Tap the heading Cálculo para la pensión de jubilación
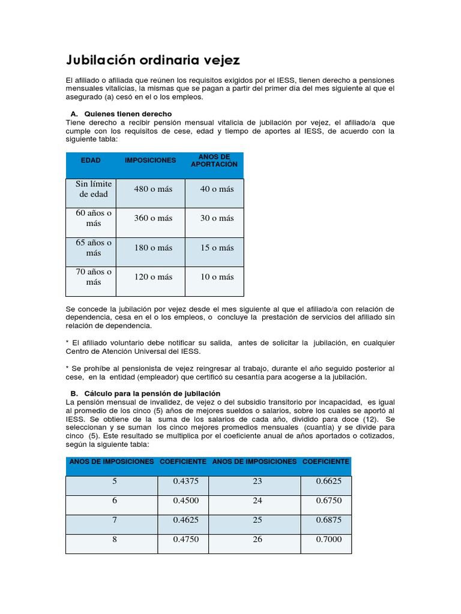[152, 393]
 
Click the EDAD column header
[91, 160]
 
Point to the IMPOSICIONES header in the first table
[150, 160]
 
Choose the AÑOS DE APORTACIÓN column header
[214, 160]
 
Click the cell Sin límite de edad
[94, 189]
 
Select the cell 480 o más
[153, 189]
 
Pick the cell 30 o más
[217, 218]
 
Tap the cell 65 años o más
[94, 248]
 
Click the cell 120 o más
[153, 277]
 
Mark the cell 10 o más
[217, 277]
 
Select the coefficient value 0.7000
[329, 539]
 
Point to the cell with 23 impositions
[258, 481]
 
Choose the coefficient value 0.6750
[329, 501]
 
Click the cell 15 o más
[217, 248]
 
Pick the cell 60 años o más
[94, 218]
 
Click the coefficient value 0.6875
[329, 520]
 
